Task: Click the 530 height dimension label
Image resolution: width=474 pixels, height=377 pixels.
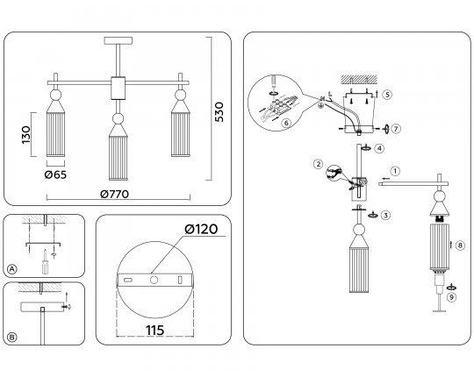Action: click(219, 112)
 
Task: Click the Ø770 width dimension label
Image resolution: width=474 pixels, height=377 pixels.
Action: click(115, 194)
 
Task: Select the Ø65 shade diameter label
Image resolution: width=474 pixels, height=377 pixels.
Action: click(55, 174)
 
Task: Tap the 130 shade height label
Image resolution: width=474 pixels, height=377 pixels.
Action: click(26, 135)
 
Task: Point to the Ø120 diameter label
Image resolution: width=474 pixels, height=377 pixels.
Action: click(201, 229)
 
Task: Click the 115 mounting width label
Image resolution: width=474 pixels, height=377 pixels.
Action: click(155, 331)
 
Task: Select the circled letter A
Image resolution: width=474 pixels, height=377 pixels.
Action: click(11, 269)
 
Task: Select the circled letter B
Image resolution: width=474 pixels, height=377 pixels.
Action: click(11, 338)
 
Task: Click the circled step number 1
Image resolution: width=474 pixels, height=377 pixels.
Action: click(395, 172)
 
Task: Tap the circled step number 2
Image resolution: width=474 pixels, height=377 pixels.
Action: click(318, 165)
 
